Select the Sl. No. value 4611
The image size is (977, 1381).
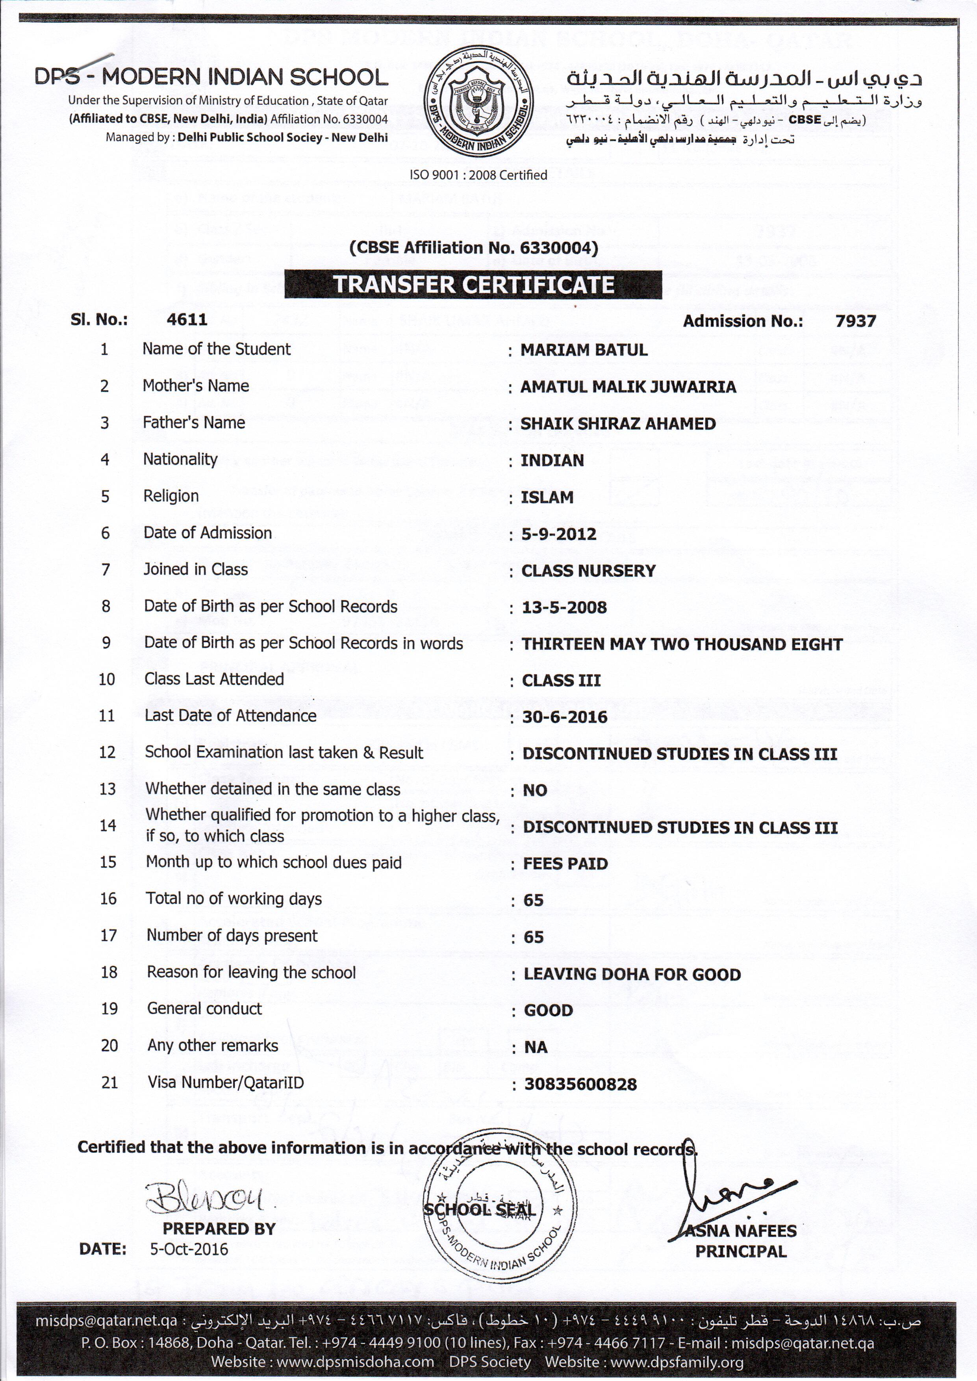[187, 319]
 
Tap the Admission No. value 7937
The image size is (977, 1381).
[855, 321]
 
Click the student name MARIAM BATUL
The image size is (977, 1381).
[584, 350]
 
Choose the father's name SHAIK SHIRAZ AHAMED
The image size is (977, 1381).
[618, 423]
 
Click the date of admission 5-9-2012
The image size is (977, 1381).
[559, 534]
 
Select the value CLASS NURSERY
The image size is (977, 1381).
[588, 571]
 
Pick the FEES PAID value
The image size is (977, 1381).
[565, 864]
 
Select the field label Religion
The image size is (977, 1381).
[171, 496]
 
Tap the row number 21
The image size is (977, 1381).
[109, 1083]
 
